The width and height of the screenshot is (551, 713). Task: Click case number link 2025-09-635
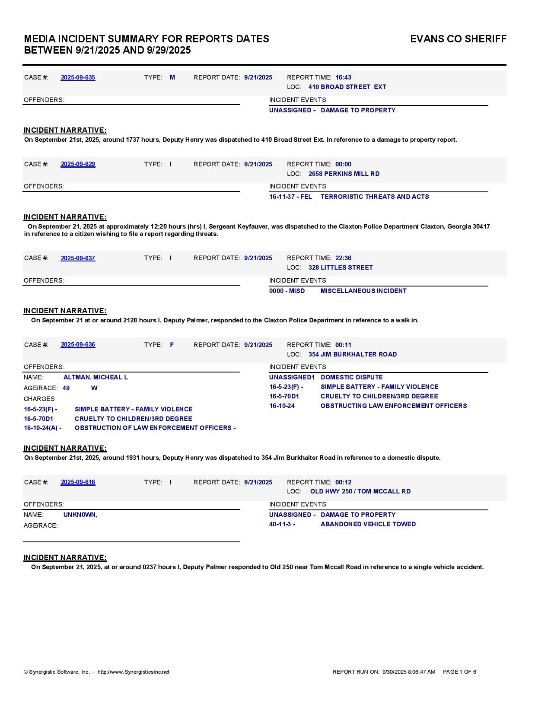tap(78, 78)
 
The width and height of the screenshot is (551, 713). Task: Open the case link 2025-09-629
tap(78, 164)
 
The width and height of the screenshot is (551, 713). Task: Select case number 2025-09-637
tap(78, 258)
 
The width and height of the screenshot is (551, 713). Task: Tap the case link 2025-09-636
tap(78, 345)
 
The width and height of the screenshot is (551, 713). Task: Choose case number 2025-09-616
tap(78, 482)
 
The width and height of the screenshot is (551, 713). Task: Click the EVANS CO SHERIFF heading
tap(458, 39)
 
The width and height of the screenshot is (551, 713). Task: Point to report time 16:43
tap(343, 78)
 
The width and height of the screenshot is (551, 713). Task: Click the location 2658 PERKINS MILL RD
tap(344, 174)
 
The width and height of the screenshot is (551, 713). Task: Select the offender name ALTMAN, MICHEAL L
tap(96, 377)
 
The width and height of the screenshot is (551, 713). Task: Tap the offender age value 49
tap(66, 388)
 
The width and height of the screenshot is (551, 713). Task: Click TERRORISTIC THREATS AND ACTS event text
tap(375, 197)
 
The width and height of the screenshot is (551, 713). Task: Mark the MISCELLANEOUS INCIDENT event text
tap(363, 291)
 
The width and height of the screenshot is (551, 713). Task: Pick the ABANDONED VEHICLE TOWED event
tap(368, 524)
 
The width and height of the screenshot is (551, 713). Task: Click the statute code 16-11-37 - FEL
tap(290, 197)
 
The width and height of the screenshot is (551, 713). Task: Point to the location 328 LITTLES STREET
tap(341, 267)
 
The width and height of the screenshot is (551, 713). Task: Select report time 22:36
tap(343, 258)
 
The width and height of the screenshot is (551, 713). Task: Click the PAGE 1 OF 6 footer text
tap(459, 672)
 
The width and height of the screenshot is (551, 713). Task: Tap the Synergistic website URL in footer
tap(133, 672)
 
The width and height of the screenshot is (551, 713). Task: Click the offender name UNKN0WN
tap(80, 515)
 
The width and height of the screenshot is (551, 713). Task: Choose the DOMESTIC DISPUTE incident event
tap(351, 377)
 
